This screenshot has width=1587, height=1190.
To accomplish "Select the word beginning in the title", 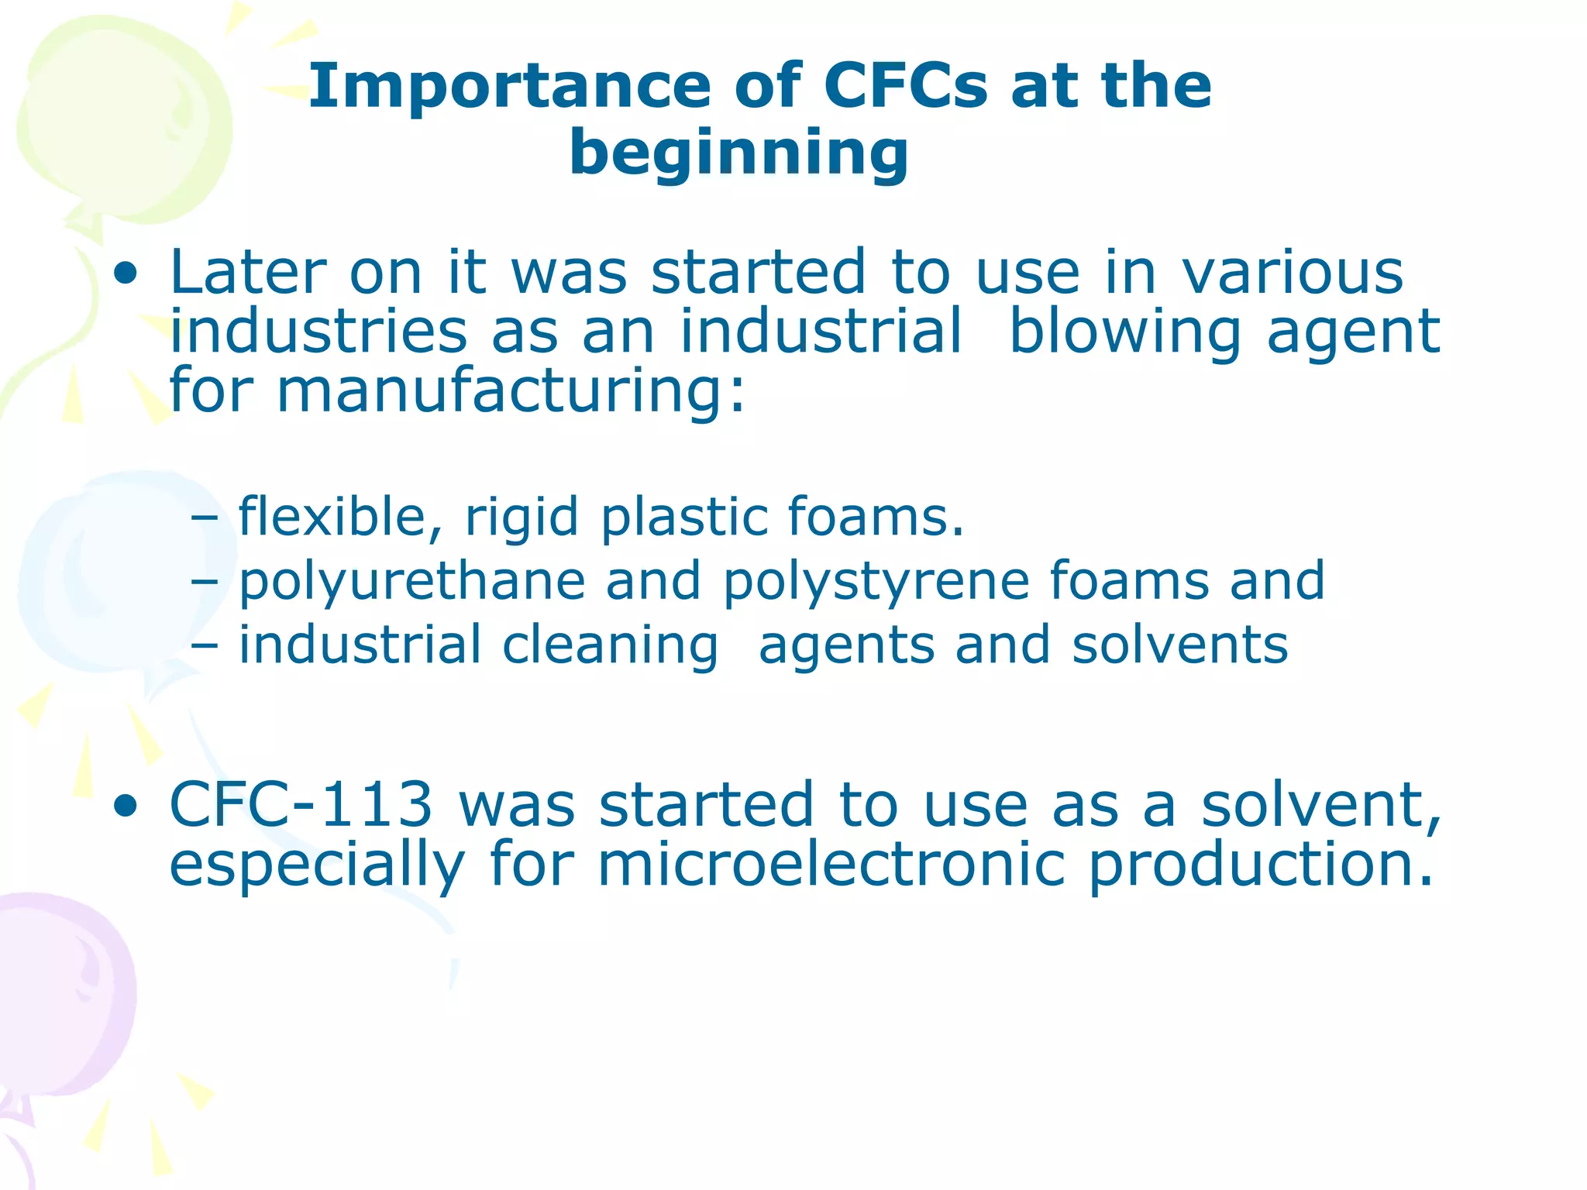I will pyautogui.click(x=738, y=153).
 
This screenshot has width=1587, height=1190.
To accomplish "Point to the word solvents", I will pyautogui.click(x=1179, y=645).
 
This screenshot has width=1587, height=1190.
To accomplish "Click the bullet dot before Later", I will pyautogui.click(x=125, y=273).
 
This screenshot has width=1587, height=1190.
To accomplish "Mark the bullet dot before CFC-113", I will pyautogui.click(x=125, y=807).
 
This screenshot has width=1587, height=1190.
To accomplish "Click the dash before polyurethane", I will pyautogui.click(x=204, y=581).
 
